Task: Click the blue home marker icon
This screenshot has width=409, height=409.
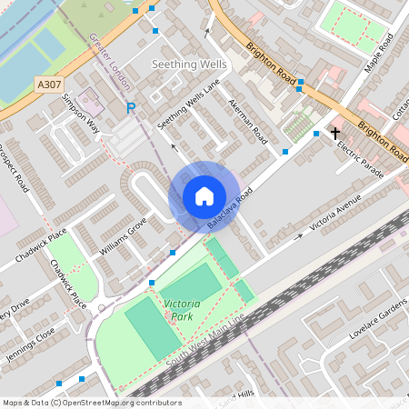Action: click(x=204, y=196)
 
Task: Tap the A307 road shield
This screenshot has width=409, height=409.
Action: click(x=49, y=84)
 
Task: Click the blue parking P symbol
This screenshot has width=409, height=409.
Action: click(x=131, y=108)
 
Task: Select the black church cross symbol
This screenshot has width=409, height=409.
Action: click(x=335, y=133)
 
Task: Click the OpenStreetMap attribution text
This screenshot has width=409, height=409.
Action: click(x=91, y=403)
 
